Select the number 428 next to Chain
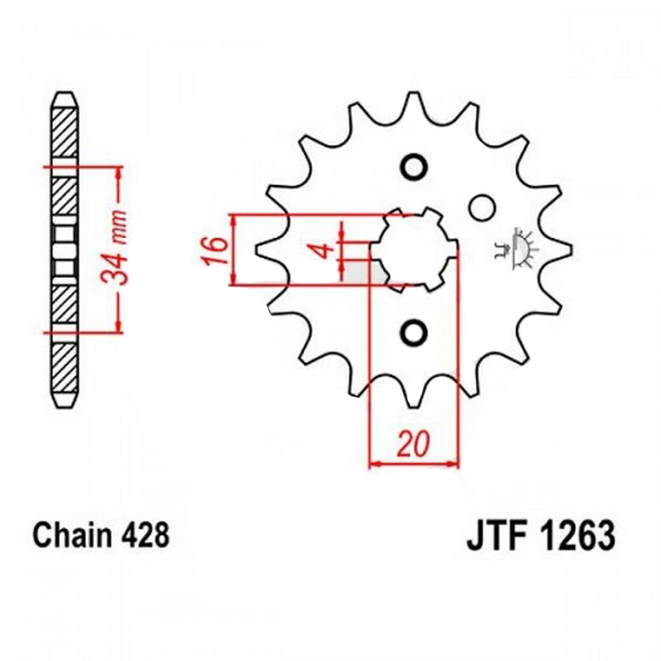(x=145, y=535)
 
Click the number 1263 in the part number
(x=577, y=536)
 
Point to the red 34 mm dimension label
(x=114, y=247)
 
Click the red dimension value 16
(x=215, y=251)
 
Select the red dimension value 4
(x=324, y=250)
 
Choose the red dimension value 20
(x=413, y=444)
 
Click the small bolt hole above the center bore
(x=414, y=168)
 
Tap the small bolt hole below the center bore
(x=414, y=333)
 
